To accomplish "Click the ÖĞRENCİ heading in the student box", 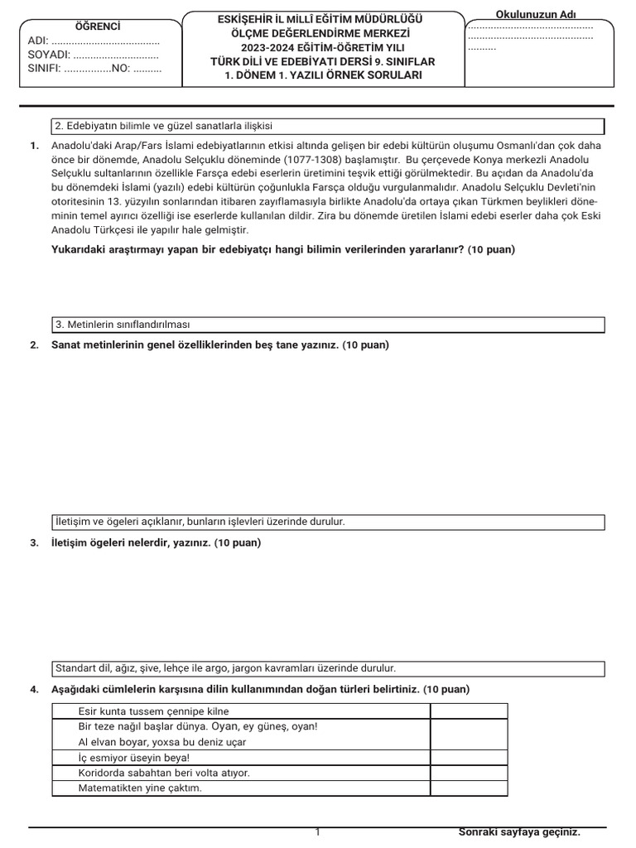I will tap(93, 26).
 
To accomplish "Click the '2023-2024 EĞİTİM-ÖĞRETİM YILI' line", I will tap(323, 47).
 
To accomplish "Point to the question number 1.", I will tap(34, 146).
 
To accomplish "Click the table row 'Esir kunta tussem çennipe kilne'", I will tap(142, 711).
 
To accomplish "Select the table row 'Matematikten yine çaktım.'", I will tap(140, 788).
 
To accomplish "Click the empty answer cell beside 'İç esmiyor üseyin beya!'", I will tap(468, 758).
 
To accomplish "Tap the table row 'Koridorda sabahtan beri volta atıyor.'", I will tap(163, 773).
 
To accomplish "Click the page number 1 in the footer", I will tap(318, 832).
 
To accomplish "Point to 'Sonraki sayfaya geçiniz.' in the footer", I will tap(519, 832).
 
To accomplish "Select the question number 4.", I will tap(34, 689).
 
